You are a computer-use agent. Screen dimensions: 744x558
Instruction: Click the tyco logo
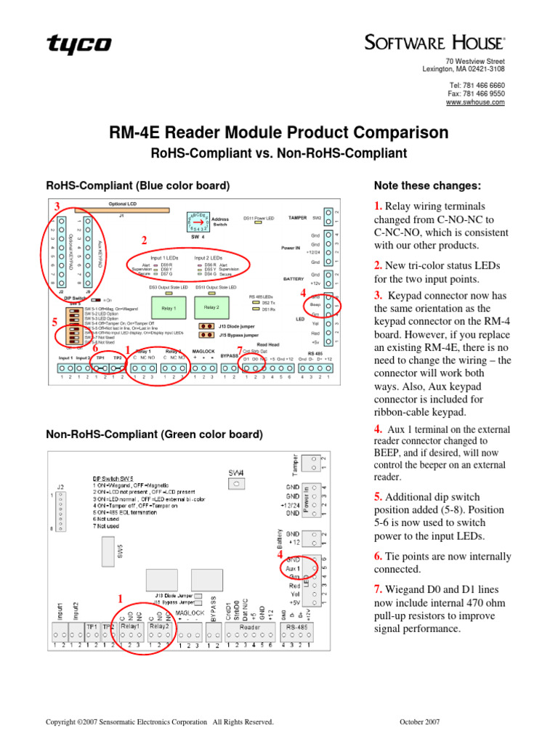pos(79,45)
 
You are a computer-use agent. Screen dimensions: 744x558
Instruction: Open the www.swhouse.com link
pos(475,103)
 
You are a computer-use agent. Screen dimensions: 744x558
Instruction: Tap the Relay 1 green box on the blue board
pos(169,308)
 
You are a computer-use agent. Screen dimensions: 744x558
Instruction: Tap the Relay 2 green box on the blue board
pos(211,308)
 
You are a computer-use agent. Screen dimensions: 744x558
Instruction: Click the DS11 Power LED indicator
pos(258,224)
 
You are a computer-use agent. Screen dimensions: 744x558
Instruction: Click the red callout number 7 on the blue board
pos(240,350)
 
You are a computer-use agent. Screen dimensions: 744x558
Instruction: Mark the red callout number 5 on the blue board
pos(54,321)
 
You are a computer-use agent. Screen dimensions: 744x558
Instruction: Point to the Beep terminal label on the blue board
pos(315,305)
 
